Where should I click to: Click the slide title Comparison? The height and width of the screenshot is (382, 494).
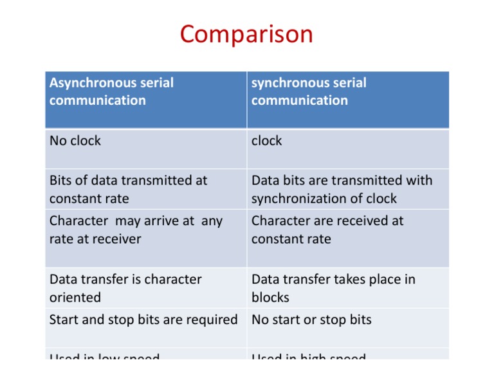tap(246, 34)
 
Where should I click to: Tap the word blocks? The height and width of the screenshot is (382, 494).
tap(270, 298)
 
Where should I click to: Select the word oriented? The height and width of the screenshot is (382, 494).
tap(75, 298)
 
